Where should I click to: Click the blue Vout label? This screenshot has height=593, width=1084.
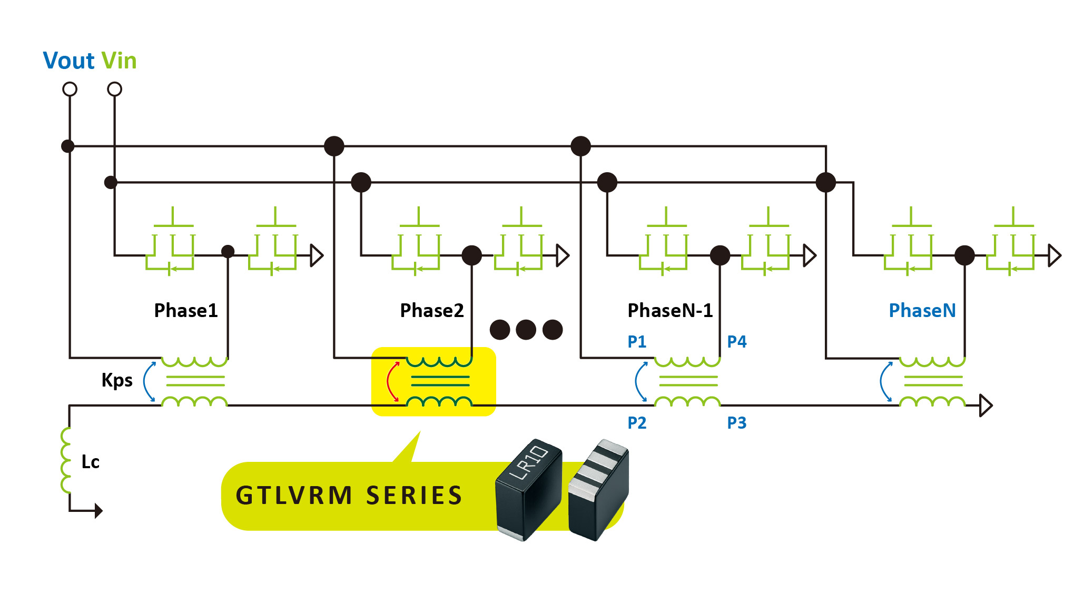[x=68, y=61]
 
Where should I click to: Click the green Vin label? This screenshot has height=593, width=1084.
[x=119, y=61]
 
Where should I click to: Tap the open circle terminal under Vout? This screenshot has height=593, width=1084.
[x=70, y=89]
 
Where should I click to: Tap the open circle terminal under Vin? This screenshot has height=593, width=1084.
[x=114, y=89]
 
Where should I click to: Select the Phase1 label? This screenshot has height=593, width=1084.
[x=186, y=311]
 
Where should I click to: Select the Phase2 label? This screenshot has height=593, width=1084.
[x=432, y=311]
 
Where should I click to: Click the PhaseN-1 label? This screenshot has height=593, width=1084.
[x=670, y=311]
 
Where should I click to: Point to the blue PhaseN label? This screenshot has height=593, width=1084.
[x=922, y=311]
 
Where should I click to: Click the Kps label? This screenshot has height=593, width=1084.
[x=117, y=380]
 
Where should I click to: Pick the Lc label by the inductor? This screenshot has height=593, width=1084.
[x=91, y=462]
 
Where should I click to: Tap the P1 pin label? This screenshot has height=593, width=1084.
[x=637, y=342]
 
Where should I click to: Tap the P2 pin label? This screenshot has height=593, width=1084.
[x=637, y=423]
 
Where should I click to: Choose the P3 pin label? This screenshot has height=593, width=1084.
[x=737, y=423]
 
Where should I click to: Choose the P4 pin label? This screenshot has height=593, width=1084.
[x=737, y=342]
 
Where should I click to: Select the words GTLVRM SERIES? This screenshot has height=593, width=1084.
[x=349, y=496]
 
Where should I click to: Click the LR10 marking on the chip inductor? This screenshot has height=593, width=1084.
[x=529, y=462]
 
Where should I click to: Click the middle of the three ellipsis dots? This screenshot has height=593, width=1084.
[x=526, y=330]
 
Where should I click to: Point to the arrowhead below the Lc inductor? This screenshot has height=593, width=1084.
[x=98, y=510]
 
